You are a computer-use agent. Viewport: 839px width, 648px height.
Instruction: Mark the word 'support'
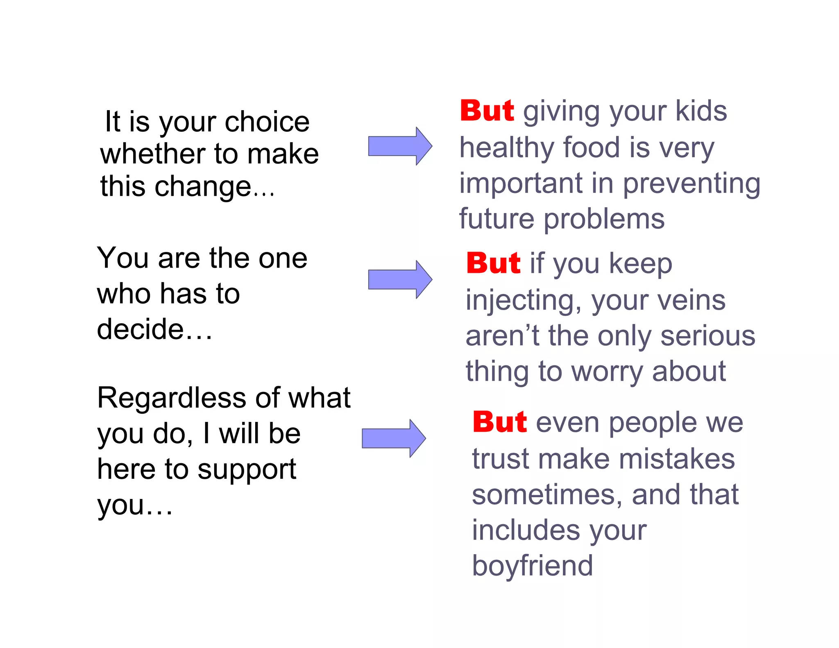(x=247, y=470)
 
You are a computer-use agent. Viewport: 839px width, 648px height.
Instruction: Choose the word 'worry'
(x=607, y=372)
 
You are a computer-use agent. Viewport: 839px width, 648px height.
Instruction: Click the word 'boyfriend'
(x=532, y=566)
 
